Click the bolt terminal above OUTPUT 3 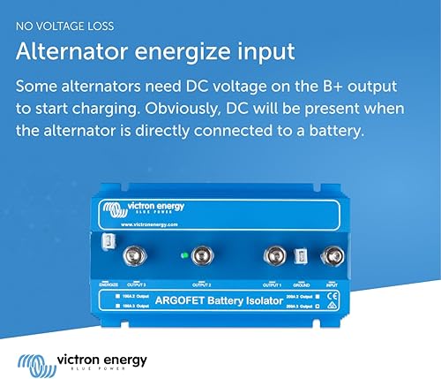coord(131,257)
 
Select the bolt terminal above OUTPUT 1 coord(273,257)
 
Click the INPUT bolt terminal coord(334,257)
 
